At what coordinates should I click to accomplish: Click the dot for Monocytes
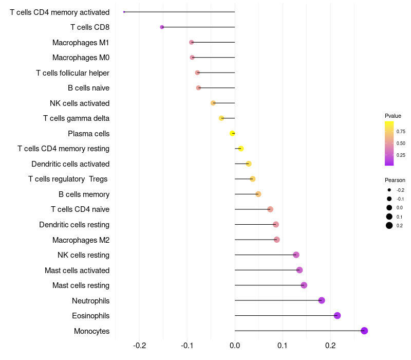364,331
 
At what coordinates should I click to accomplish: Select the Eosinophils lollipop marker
337,315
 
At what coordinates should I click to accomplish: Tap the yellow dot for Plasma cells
233,133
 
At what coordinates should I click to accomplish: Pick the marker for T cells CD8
162,27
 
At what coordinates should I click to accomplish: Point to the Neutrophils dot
322,300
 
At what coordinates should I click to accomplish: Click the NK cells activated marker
213,103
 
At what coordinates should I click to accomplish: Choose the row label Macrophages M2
81,240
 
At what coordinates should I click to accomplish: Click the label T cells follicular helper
72,73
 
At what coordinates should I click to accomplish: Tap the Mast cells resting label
81,285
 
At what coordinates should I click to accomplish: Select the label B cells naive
88,88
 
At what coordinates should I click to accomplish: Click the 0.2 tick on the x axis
330,345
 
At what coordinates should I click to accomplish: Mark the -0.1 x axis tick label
187,345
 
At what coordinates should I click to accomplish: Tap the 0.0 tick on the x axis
235,345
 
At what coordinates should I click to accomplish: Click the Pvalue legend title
393,116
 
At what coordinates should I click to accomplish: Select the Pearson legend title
395,180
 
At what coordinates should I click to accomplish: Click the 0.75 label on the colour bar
401,132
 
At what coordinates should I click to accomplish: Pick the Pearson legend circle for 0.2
389,225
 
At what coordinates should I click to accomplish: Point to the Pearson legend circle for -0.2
389,190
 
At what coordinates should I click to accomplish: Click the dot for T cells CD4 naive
270,209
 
